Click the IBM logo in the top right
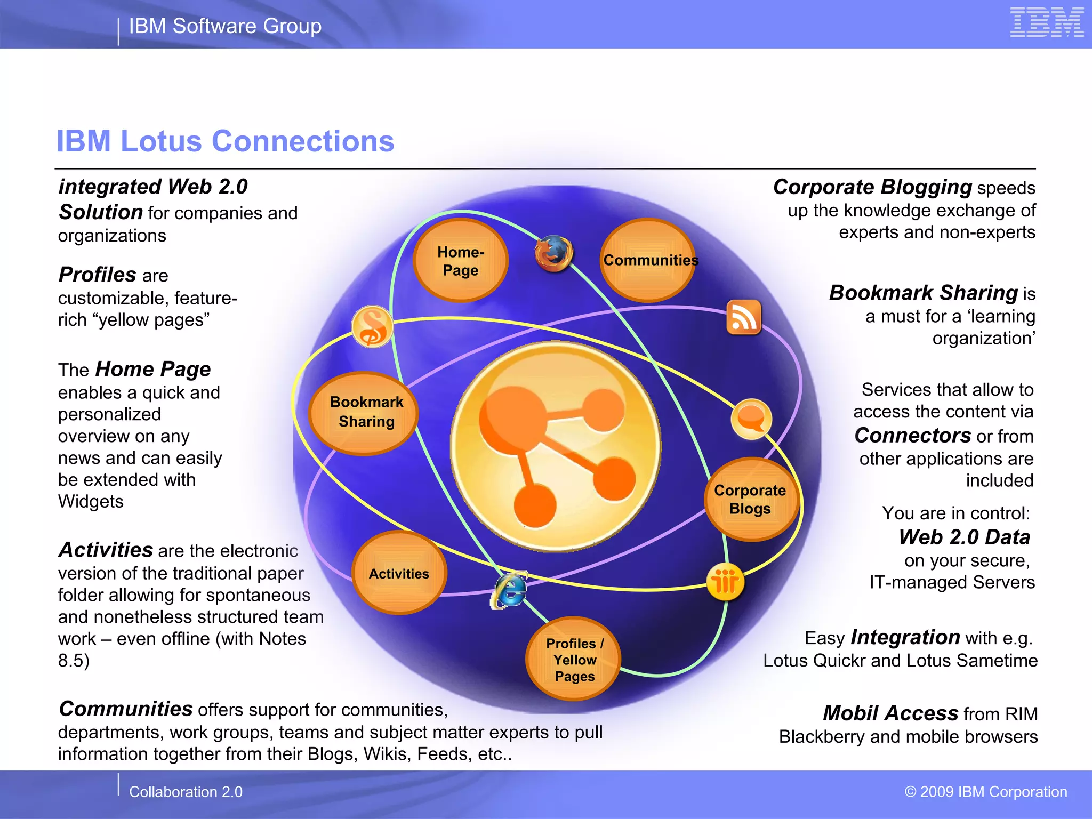click(1047, 22)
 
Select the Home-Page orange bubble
click(461, 260)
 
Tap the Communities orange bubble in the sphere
click(648, 260)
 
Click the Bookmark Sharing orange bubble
click(364, 413)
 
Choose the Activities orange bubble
click(399, 573)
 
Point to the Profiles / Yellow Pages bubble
click(574, 659)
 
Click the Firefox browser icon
click(554, 253)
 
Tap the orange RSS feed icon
click(743, 317)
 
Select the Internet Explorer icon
click(510, 591)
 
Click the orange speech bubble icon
click(751, 419)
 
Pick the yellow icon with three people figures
click(725, 582)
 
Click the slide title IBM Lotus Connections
click(225, 141)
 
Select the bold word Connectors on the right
click(912, 436)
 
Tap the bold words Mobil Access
click(890, 713)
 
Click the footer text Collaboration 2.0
click(186, 792)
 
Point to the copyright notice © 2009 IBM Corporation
click(986, 792)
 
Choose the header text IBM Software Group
click(225, 26)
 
